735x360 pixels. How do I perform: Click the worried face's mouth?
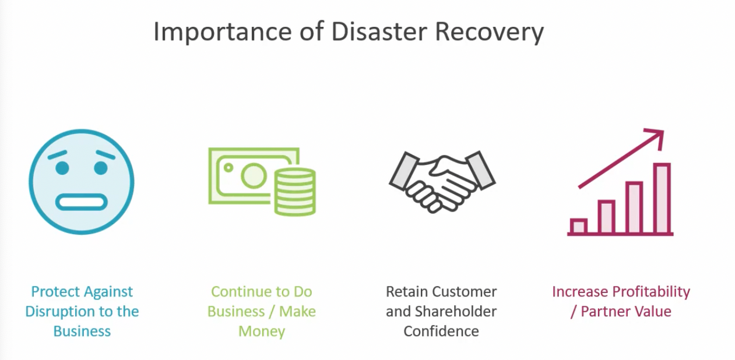(82, 202)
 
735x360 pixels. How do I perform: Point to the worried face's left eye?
(62, 168)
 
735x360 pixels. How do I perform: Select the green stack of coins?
(294, 190)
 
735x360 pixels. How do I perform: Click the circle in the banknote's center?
(254, 175)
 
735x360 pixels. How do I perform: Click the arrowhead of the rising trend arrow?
(656, 137)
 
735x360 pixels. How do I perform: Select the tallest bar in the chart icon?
(662, 199)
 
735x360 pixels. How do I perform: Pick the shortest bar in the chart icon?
(578, 226)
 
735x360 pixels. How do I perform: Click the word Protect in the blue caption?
(57, 292)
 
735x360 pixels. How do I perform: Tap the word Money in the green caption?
(262, 331)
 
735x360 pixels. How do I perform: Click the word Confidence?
(441, 331)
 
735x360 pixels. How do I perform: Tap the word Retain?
(405, 292)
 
